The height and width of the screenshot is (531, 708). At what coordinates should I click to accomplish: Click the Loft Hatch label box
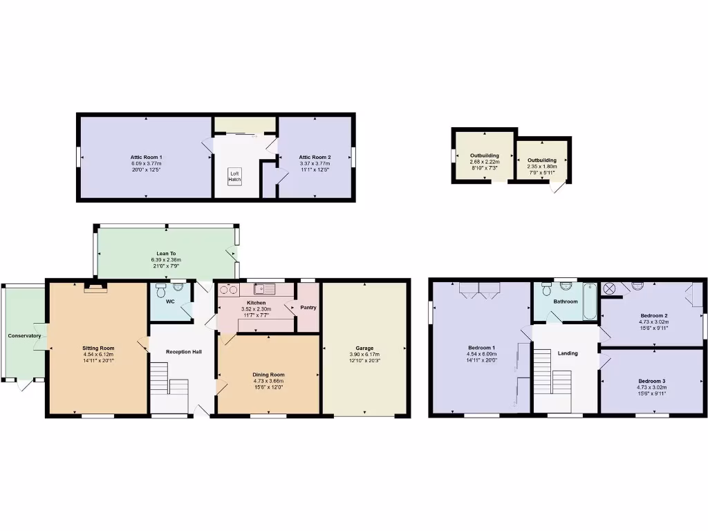click(x=235, y=176)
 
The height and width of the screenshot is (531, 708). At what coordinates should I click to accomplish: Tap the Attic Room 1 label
click(x=146, y=158)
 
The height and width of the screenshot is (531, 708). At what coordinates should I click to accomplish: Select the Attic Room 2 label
click(x=315, y=158)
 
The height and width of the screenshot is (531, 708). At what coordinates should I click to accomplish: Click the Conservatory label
click(x=24, y=336)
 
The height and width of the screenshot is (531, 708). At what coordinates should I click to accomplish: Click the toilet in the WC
click(x=162, y=290)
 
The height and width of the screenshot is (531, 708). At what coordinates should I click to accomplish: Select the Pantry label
click(x=308, y=307)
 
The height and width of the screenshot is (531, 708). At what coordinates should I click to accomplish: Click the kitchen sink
click(x=265, y=290)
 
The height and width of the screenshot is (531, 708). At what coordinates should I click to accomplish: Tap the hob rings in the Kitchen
click(x=228, y=290)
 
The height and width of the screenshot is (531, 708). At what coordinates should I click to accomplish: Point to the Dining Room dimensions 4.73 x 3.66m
click(x=268, y=381)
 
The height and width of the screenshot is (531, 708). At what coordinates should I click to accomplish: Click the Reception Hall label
click(x=184, y=352)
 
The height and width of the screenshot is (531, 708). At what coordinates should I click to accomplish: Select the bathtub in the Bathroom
click(x=589, y=301)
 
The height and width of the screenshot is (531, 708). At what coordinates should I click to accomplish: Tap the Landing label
click(x=568, y=353)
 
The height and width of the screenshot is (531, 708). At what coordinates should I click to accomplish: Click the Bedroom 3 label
click(x=651, y=381)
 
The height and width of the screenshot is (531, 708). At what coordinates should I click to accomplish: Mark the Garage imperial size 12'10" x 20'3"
click(x=365, y=361)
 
